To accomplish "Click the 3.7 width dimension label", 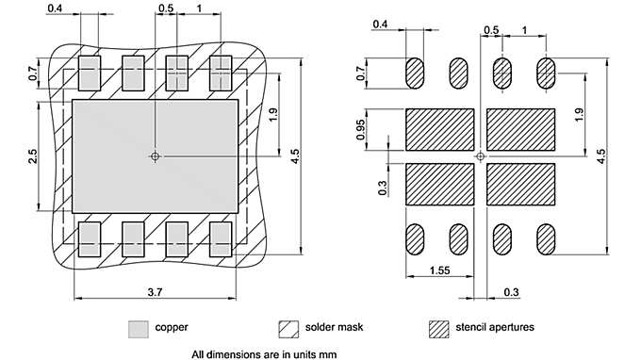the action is click(x=155, y=292).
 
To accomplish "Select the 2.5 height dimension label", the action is click(x=32, y=156).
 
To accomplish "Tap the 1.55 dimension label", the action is click(x=440, y=270).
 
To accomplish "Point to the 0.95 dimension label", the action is click(x=360, y=130).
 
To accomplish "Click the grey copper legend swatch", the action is click(x=139, y=329).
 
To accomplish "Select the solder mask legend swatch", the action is click(x=288, y=329).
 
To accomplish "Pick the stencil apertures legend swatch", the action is click(x=439, y=329).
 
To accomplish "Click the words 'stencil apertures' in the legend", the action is click(x=495, y=327).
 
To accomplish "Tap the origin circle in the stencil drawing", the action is click(x=481, y=156).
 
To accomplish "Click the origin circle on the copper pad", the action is click(x=155, y=156).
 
